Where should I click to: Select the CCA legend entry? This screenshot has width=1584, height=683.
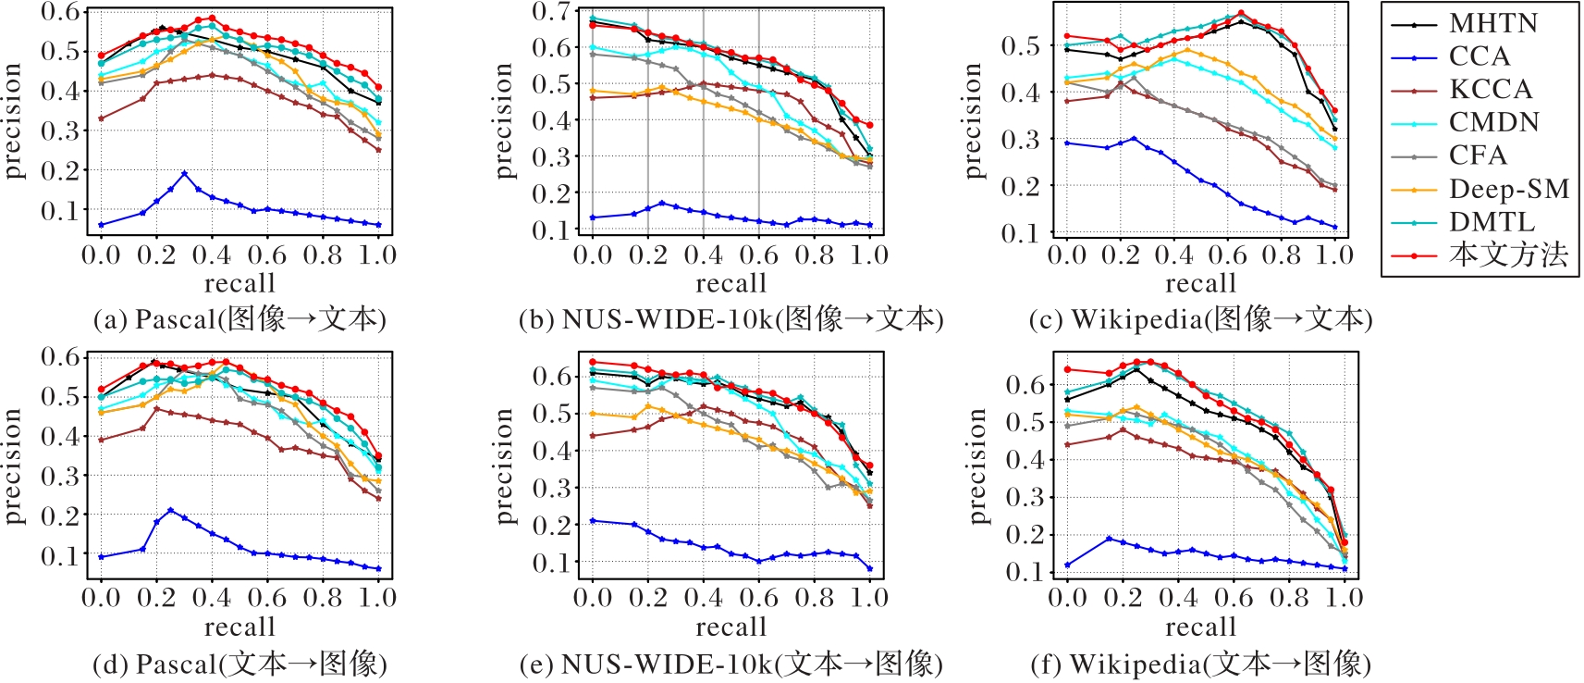(1480, 56)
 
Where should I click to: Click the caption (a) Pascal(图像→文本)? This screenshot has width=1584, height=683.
(239, 319)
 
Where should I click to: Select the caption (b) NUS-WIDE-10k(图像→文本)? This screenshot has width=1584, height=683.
(731, 319)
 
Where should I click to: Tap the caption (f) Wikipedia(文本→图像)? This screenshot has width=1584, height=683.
(1200, 664)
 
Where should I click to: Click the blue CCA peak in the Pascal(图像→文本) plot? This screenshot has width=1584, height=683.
(184, 173)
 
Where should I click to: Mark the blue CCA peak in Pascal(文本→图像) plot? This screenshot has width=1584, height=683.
(170, 510)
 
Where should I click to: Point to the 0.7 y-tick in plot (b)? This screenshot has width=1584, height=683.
(552, 12)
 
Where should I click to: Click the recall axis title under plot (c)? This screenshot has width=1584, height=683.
(1200, 283)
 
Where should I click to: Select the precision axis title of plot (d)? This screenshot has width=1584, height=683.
(12, 466)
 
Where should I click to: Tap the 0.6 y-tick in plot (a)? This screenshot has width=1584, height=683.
(60, 12)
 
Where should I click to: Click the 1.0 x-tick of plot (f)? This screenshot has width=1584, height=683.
(1344, 598)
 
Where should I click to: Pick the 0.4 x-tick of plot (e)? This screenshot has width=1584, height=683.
(703, 598)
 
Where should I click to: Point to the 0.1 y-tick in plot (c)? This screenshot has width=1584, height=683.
(1021, 233)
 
